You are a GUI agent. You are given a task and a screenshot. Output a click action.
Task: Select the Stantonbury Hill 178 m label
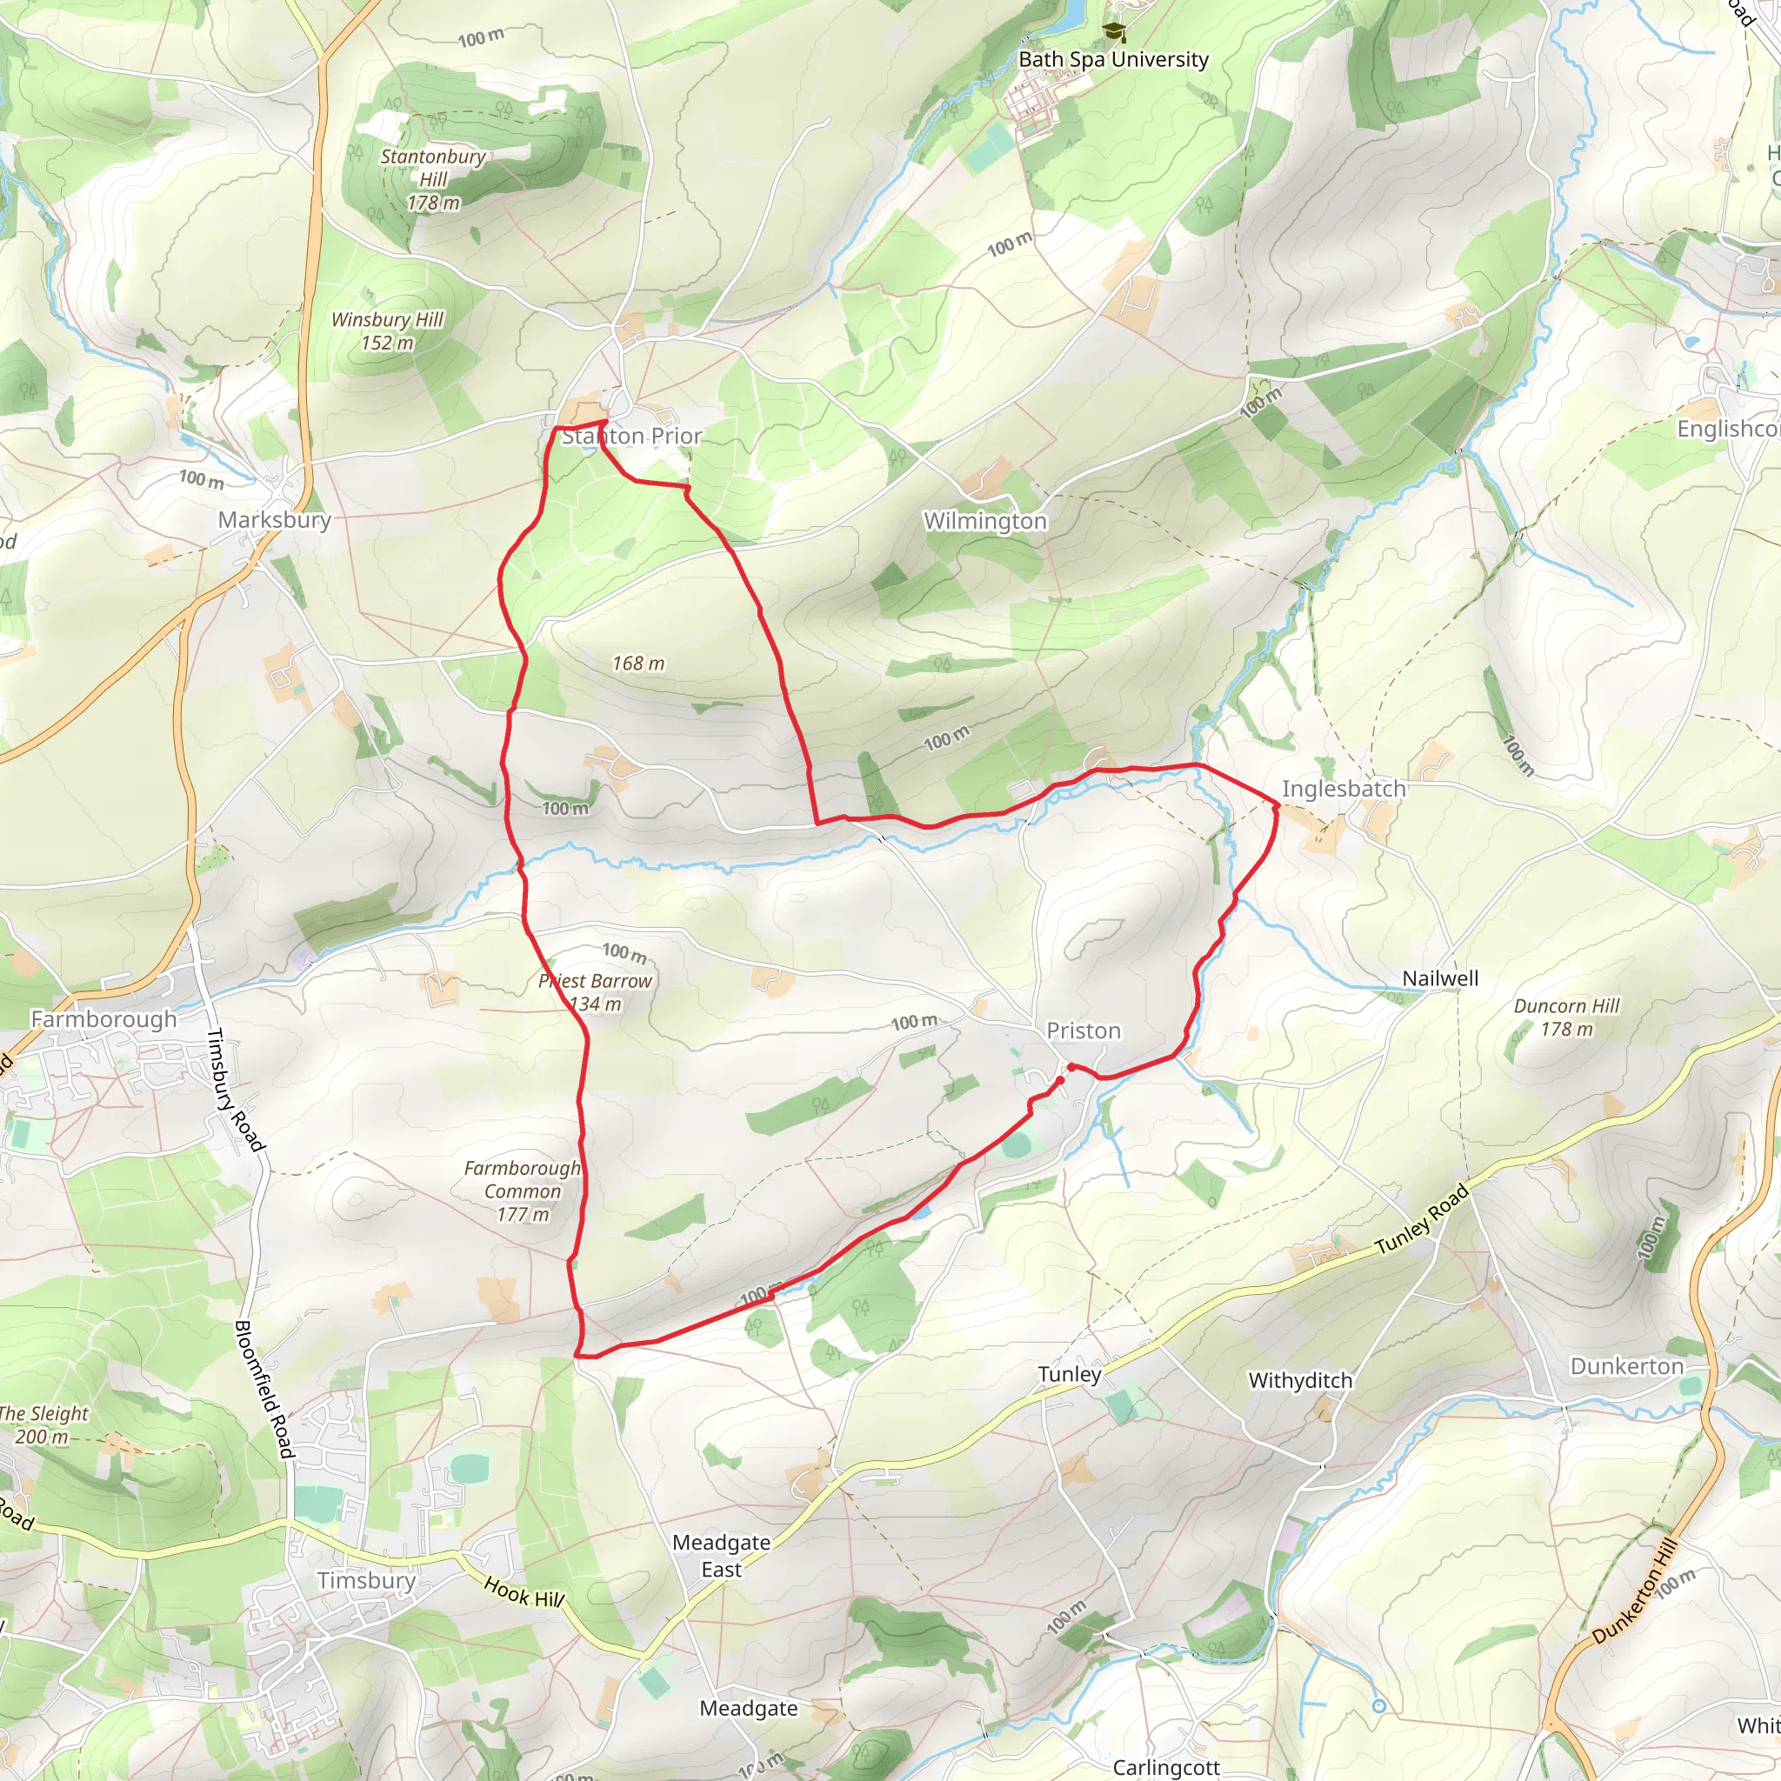click(432, 180)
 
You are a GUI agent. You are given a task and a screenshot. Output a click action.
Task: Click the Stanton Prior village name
click(631, 436)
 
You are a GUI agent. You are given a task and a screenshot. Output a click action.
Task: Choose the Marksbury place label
click(275, 520)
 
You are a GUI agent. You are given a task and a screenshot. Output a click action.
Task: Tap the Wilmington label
click(985, 522)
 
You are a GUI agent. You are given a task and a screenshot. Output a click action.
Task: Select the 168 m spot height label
click(638, 664)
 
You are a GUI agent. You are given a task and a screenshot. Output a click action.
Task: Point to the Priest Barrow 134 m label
click(596, 993)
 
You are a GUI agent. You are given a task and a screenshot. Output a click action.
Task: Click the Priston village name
click(1084, 1031)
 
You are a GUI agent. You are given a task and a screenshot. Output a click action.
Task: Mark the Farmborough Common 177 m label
click(523, 1191)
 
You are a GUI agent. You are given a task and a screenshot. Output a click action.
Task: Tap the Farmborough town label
click(104, 1019)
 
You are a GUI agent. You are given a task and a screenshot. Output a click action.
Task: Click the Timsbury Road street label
click(235, 1090)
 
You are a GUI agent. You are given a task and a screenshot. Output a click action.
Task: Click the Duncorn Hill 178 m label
click(1566, 1017)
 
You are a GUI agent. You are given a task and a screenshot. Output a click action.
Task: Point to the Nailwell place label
click(1440, 979)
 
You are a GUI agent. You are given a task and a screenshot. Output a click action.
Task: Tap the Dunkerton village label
click(1627, 1366)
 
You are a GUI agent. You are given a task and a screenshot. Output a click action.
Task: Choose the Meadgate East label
click(721, 1556)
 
